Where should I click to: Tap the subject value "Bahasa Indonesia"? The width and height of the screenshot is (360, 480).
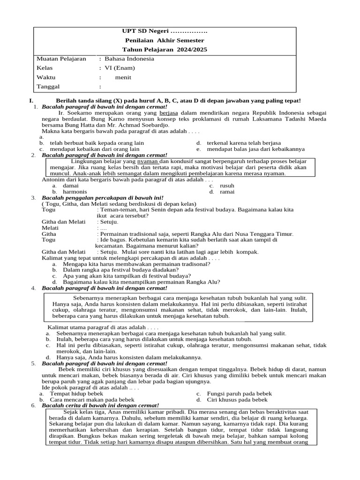tap(129, 59)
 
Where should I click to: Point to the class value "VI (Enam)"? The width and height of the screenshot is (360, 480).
tap(119, 68)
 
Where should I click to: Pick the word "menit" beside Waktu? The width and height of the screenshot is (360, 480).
tap(123, 77)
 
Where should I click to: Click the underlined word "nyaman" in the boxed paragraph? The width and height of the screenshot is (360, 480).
tap(148, 161)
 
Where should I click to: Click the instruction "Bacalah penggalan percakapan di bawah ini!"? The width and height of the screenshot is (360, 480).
tap(102, 198)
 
